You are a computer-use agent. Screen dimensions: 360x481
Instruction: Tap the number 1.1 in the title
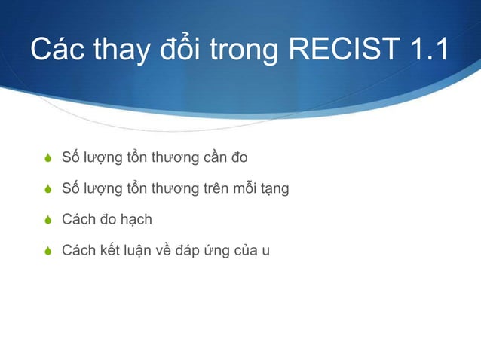(425, 50)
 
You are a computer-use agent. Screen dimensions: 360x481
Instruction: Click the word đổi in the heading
(179, 50)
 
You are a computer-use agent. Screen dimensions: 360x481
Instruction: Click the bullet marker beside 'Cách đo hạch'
(48, 220)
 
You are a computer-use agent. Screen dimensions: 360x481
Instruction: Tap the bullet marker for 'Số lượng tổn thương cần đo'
(48, 158)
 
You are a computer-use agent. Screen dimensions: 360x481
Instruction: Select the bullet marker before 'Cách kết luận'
(48, 251)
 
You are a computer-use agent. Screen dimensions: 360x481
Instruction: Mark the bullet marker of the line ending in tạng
(48, 189)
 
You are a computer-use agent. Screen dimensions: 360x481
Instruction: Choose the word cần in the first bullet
(213, 158)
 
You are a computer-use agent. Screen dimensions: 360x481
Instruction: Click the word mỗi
(244, 189)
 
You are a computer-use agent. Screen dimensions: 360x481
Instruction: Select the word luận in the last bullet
(127, 251)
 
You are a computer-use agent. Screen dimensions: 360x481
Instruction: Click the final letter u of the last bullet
(265, 251)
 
